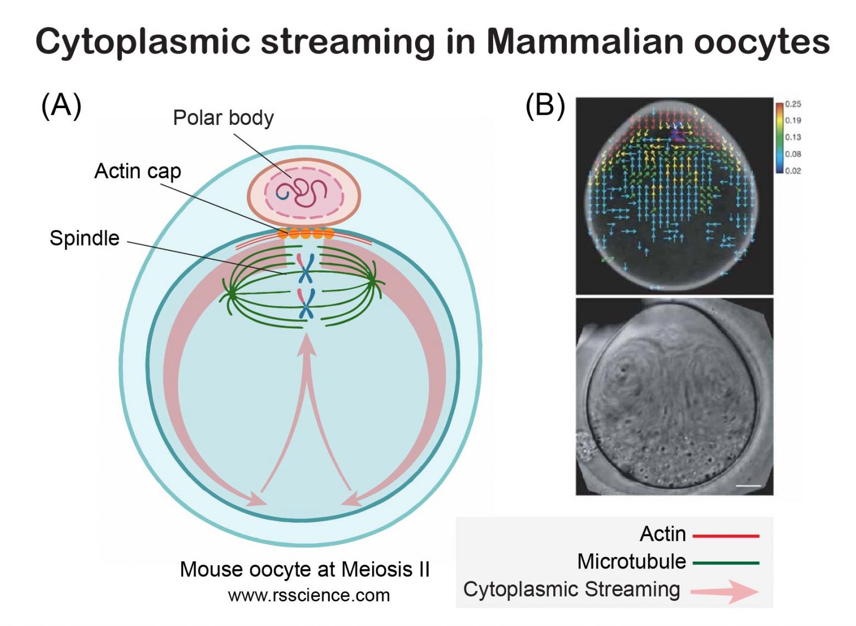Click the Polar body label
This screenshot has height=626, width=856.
[223, 118]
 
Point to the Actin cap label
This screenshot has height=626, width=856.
[138, 171]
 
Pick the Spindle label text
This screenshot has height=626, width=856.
[85, 238]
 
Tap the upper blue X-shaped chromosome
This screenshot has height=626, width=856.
[305, 268]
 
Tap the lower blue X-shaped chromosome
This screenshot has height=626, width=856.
[305, 303]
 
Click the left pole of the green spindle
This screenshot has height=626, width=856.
[229, 292]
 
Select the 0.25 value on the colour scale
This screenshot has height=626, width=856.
[792, 104]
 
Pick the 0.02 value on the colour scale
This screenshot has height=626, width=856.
[792, 171]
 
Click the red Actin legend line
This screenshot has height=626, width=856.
[726, 536]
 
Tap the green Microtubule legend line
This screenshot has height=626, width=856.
[726, 563]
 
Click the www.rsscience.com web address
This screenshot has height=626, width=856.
[309, 595]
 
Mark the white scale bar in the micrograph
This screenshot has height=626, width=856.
[748, 486]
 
